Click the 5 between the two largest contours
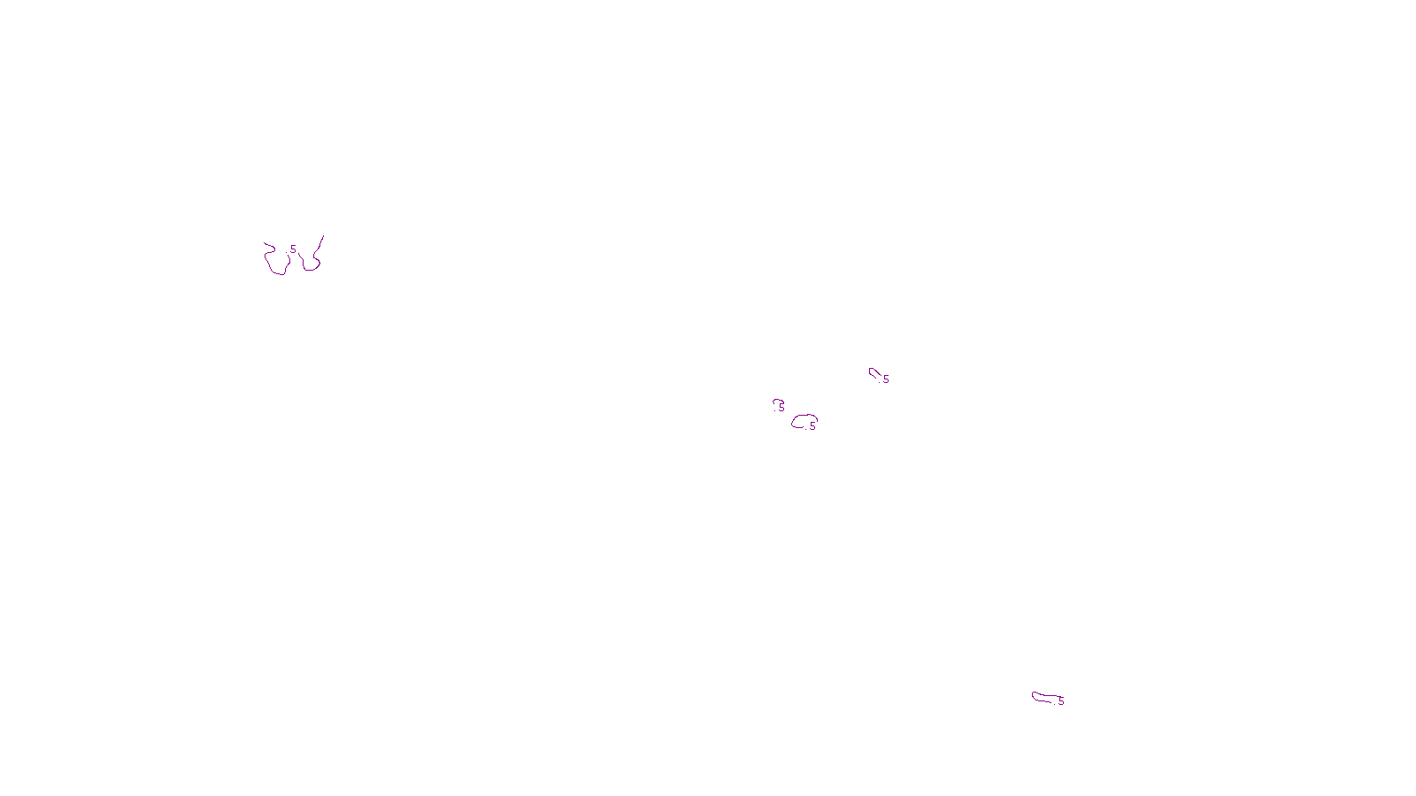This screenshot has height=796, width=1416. [293, 249]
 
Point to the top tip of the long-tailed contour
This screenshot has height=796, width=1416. [323, 236]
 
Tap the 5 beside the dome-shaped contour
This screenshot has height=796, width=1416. [812, 426]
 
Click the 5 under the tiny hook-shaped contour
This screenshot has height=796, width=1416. [781, 409]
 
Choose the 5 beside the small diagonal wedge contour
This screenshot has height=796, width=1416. [886, 379]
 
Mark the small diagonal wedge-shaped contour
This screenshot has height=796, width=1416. [873, 372]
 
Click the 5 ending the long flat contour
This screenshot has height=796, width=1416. [1061, 701]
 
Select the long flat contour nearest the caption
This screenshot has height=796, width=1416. [1044, 698]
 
